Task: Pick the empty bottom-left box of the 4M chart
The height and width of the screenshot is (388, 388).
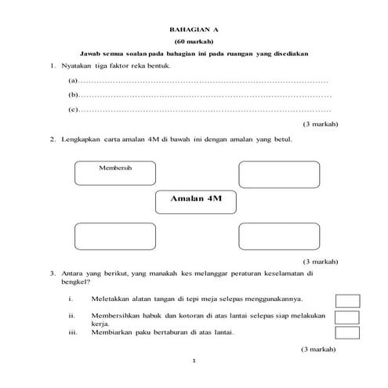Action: [x=115, y=236]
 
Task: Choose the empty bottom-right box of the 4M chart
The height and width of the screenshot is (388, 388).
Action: [x=279, y=236]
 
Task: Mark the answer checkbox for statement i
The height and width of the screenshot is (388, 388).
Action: [x=347, y=300]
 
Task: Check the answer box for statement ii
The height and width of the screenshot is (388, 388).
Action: [x=347, y=317]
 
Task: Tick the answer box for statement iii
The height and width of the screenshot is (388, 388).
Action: [x=347, y=332]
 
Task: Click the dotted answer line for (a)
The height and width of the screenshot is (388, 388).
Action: [x=204, y=82]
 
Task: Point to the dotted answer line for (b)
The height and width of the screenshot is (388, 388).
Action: [x=204, y=96]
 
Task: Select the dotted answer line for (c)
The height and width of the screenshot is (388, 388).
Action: [x=204, y=111]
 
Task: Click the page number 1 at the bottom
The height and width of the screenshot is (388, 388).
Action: [x=194, y=361]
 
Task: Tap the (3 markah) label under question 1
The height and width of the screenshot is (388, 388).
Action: [x=319, y=125]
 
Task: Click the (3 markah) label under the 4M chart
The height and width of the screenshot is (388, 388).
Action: [x=319, y=261]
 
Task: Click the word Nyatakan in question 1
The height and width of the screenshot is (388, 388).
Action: [x=77, y=66]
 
